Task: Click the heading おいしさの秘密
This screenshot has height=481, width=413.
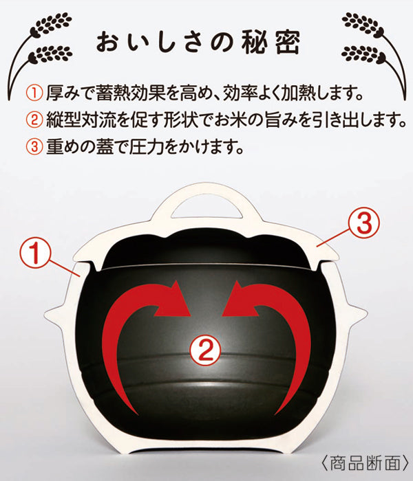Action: coord(198,42)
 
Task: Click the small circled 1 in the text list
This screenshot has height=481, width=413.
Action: coord(34,93)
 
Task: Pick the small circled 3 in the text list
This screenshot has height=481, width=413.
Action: coord(34,147)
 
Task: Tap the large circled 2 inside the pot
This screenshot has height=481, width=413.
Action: coord(205,350)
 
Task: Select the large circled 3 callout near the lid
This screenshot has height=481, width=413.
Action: coord(364,224)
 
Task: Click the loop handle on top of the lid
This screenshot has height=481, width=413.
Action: coord(205,198)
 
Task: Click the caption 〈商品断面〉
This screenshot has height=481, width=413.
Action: coord(365,463)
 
